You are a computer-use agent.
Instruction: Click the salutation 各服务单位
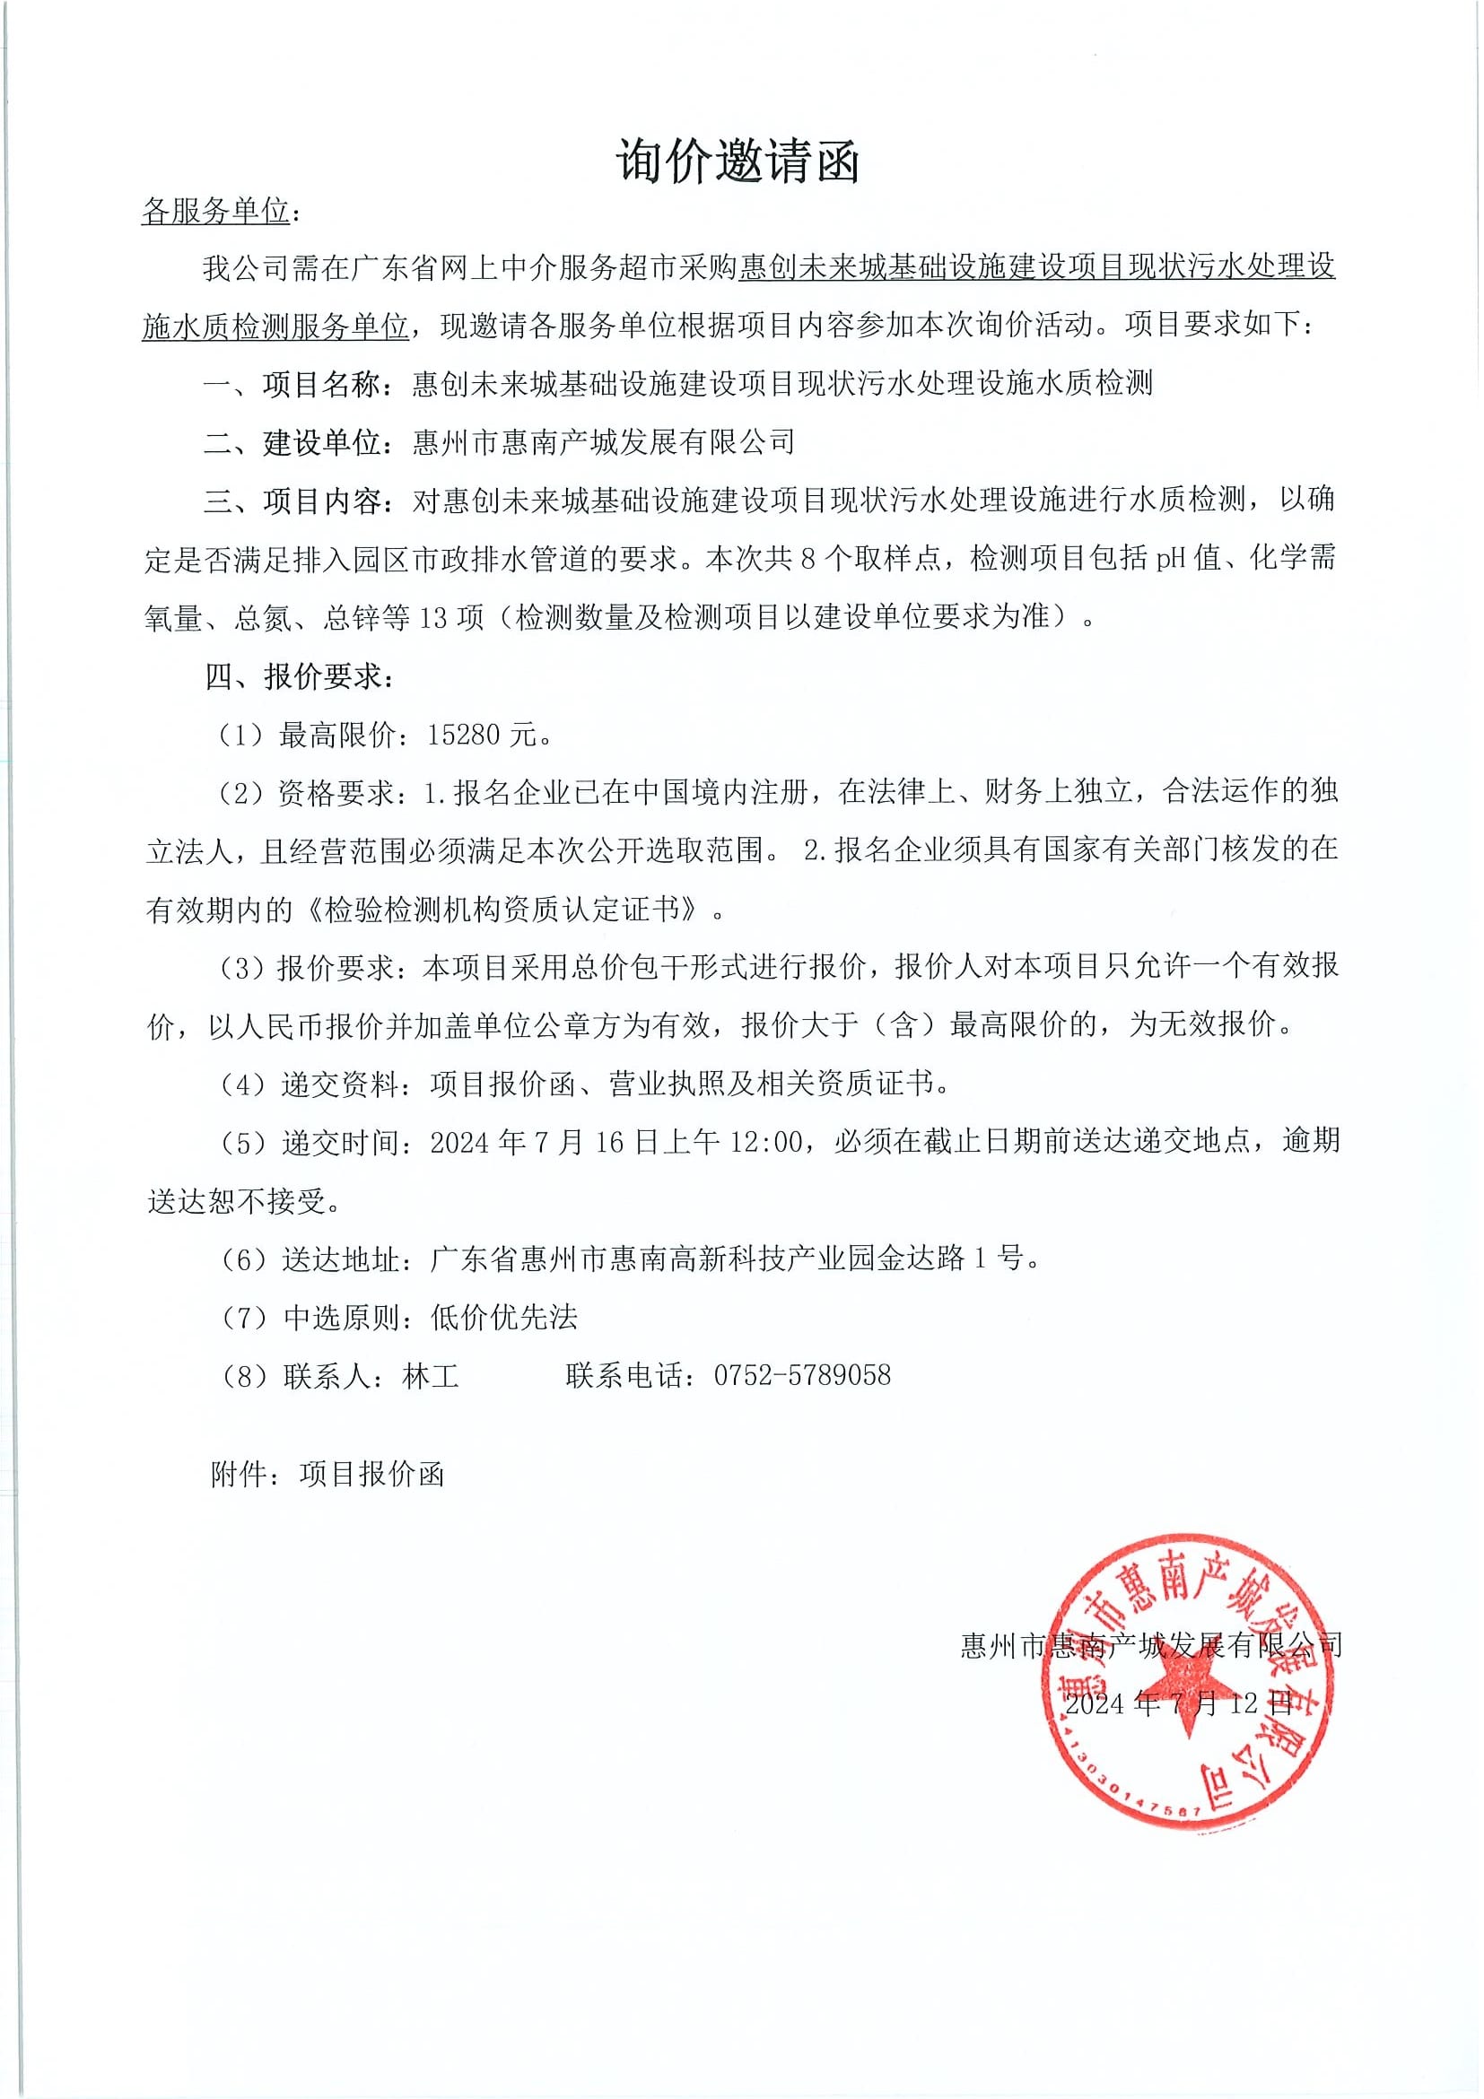tap(216, 213)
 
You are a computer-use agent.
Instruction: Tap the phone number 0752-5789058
tap(802, 1374)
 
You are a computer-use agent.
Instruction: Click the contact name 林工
tap(431, 1374)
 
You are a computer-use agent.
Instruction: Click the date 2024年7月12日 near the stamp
tap(1179, 1703)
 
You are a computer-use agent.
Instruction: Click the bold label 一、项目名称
tap(292, 384)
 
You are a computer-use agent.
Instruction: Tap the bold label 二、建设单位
tap(292, 442)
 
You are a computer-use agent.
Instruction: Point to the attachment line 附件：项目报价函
tap(327, 1474)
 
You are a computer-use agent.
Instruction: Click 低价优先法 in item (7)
tap(504, 1317)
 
